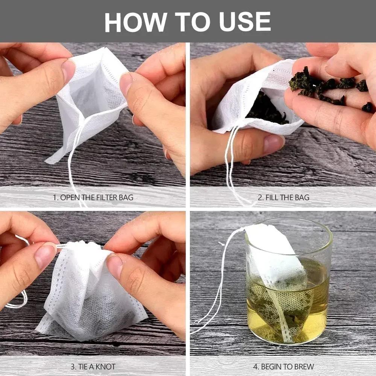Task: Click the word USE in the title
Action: [x=248, y=22]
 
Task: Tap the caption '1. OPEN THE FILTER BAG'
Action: [x=93, y=197]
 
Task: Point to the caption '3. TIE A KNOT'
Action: [x=93, y=366]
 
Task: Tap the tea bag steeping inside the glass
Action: [x=280, y=286]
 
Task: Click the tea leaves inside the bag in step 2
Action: [x=267, y=109]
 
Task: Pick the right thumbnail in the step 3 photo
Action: [x=114, y=265]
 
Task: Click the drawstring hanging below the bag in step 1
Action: [x=73, y=162]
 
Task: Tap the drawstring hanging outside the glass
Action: [x=216, y=286]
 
